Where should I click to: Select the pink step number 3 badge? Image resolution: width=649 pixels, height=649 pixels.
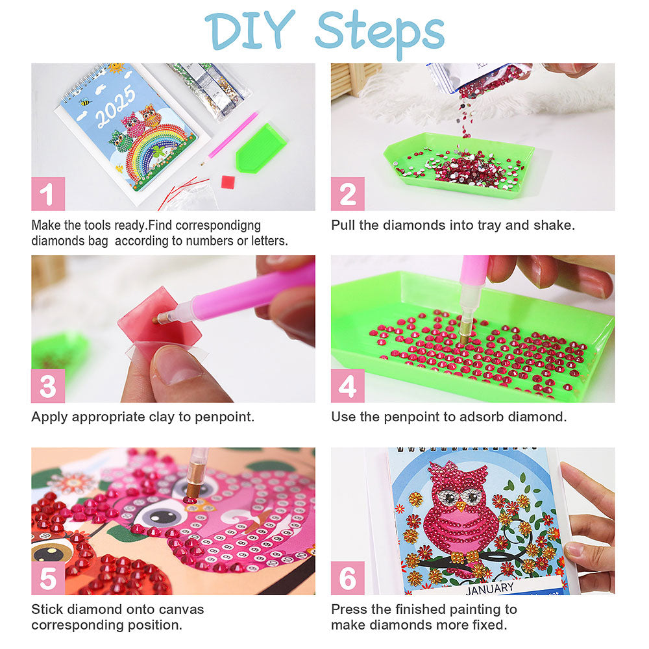(48, 386)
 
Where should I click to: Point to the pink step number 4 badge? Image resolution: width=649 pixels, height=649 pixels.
(348, 386)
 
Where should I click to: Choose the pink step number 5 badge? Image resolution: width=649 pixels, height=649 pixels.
(48, 578)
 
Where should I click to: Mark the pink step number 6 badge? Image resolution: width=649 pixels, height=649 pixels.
(348, 578)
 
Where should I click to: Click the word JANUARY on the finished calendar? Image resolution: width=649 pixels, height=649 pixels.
(489, 588)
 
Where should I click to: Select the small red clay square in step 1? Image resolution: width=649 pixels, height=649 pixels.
(228, 182)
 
